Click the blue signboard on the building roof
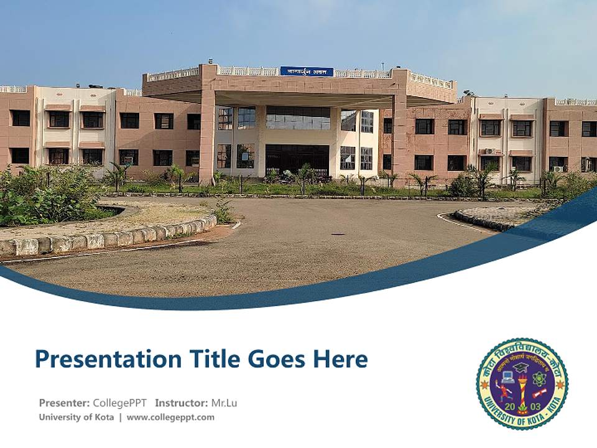[306, 71]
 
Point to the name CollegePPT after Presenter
[119, 403]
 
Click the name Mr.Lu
[224, 403]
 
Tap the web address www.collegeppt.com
[170, 418]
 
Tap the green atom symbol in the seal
[538, 378]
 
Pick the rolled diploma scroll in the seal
[539, 393]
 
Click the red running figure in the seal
[505, 392]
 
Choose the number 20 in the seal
[510, 406]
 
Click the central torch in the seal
[522, 389]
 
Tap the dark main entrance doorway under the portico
[297, 159]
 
